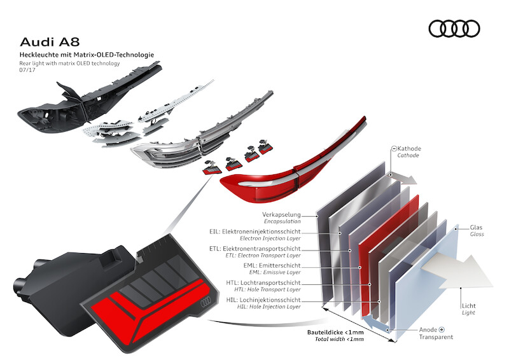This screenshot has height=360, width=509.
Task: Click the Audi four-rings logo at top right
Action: coord(454,29)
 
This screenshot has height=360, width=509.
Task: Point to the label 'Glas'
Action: coord(477,227)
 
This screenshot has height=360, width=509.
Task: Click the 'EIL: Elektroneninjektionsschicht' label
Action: coord(277,232)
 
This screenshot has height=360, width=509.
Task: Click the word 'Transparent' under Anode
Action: coord(436,337)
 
